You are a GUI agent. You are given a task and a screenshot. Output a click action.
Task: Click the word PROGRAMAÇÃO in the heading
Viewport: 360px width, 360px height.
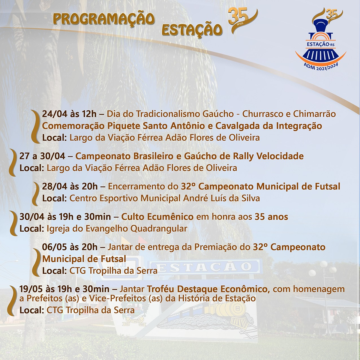(x=104, y=19)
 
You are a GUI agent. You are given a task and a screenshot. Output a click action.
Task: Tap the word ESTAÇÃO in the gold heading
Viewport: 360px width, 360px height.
(x=192, y=30)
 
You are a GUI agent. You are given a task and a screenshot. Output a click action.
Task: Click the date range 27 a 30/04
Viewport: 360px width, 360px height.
(x=42, y=156)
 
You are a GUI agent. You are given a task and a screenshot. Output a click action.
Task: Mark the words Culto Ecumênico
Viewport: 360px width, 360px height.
(x=157, y=217)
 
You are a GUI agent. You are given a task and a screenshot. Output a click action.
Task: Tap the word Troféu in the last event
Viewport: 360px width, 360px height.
(x=160, y=289)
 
